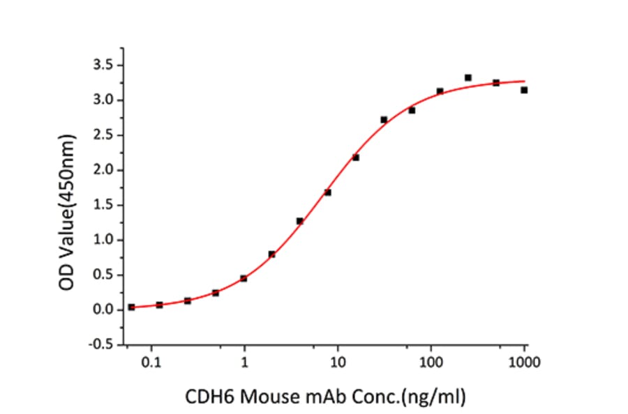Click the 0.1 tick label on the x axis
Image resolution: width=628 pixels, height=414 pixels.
coord(151,362)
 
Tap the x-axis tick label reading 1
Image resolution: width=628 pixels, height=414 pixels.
coord(244,362)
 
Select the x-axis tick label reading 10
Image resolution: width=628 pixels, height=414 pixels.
coord(338,362)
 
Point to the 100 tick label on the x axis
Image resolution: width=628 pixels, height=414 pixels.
coord(431,362)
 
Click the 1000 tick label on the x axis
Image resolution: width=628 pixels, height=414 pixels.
coord(524,362)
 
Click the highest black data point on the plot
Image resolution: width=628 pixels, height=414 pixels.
coord(468,77)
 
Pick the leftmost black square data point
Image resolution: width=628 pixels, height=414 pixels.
coord(131,307)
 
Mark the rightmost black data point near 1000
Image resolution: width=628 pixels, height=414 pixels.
coord(524,90)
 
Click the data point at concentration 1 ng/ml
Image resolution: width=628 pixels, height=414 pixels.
coord(244,278)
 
